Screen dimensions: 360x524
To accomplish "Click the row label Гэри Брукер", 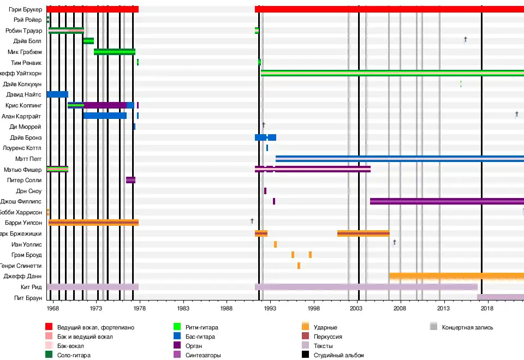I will pos(26,9).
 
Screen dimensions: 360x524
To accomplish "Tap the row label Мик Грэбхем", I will pos(25,52).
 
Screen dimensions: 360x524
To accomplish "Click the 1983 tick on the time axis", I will pos(183,308).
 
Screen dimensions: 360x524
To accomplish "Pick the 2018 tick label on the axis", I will pos(487,308).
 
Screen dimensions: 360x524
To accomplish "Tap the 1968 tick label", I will pos(53,308).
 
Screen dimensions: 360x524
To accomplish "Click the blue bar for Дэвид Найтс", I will pos(57,94).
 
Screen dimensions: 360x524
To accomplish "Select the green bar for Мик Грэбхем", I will pos(114,52).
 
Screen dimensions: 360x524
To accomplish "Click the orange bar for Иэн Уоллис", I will pos(275,244).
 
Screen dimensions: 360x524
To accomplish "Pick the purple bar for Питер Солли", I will pos(130,180).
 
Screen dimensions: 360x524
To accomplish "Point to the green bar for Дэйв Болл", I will pos(88,41).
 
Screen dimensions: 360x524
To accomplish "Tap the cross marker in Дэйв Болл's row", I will pos(465,39).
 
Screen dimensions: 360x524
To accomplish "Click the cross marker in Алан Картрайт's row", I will pos(516,114).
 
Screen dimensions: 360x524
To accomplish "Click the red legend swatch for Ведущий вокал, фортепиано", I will pos(49,327).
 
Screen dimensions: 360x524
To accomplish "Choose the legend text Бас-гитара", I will pos(200,337).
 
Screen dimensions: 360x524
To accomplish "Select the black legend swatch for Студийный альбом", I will pos(305,355).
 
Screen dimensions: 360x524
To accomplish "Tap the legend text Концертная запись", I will pos(467,327).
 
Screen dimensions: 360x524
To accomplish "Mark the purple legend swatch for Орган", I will pos(177,346).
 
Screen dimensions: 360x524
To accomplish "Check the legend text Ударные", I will pos(325,327).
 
